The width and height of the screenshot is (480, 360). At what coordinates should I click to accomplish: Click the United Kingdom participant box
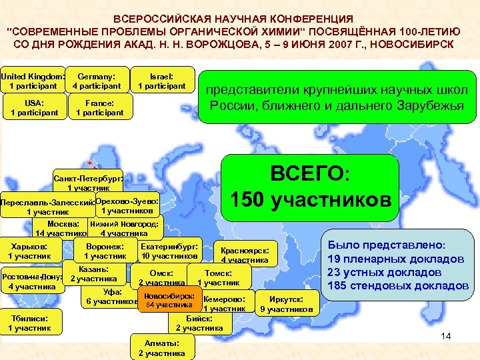tap(33, 81)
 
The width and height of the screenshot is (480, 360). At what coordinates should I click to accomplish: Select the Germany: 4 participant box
tap(97, 81)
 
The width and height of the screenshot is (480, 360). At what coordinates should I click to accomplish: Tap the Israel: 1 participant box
tap(161, 81)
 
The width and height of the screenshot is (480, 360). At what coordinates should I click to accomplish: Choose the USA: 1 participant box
tap(33, 108)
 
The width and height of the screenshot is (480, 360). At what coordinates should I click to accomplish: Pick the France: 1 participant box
tap(100, 108)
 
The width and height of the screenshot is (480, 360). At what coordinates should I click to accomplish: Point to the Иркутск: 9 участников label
tap(286, 304)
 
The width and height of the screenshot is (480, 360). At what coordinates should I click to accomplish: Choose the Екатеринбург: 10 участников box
tap(169, 250)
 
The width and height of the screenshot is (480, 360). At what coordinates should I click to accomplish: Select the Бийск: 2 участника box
tap(199, 323)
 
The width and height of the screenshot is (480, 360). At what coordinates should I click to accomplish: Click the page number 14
tap(446, 336)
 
